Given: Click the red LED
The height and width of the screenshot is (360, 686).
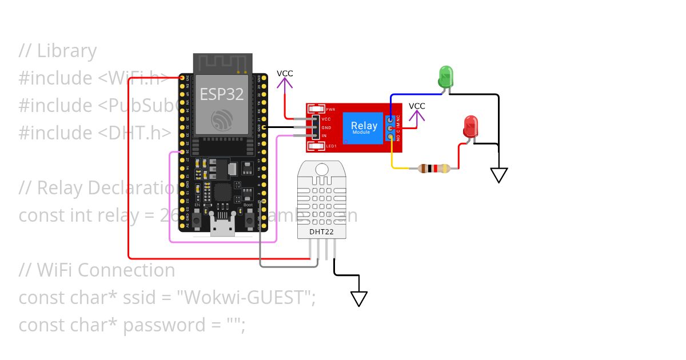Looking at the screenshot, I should pos(471,126).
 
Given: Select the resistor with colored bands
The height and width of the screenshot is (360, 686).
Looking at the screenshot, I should pos(434,168).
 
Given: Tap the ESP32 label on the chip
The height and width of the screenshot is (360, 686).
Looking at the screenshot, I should pos(221,94).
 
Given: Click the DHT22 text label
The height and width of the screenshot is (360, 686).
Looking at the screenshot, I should pos(321,232).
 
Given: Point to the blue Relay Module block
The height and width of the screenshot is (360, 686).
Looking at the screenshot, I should pos(364,128).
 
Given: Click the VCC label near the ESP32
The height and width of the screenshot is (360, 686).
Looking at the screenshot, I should pos(285,74).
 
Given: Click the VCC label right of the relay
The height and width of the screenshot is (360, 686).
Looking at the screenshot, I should pos(417,106).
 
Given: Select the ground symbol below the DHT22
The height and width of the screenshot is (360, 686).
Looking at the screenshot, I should pos(358,298).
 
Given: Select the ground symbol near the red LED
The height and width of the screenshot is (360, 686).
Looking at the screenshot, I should pos(499,175).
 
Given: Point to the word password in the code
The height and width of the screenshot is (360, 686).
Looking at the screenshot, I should pos(165,325).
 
